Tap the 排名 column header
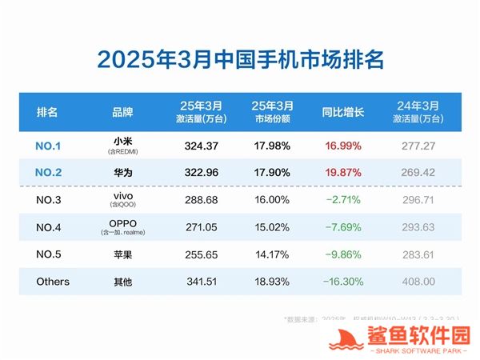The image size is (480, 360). (47, 112)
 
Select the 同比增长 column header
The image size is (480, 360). (342, 112)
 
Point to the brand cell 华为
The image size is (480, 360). (122, 170)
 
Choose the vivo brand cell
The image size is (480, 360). (122, 198)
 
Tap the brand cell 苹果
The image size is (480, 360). (122, 254)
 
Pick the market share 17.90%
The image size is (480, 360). (273, 170)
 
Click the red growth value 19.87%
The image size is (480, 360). (343, 170)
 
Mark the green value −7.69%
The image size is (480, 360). (343, 226)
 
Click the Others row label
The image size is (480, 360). (53, 282)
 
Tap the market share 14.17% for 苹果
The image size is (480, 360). (273, 254)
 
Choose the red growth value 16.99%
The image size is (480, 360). (343, 146)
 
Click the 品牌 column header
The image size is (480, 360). (122, 112)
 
